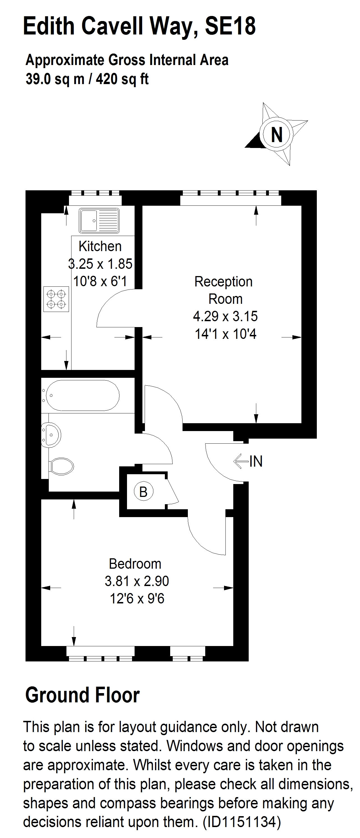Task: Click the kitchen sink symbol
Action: pos(99,221)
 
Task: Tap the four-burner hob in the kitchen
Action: pos(56,299)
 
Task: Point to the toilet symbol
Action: pos(61,466)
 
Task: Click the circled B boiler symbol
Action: pos(143,492)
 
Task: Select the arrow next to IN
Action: pos(241,461)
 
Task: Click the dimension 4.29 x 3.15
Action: pos(225,316)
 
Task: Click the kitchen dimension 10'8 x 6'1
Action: pos(100,281)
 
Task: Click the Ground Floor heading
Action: pos(82,695)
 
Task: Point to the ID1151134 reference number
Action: pos(241,822)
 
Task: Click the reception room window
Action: pos(230,198)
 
